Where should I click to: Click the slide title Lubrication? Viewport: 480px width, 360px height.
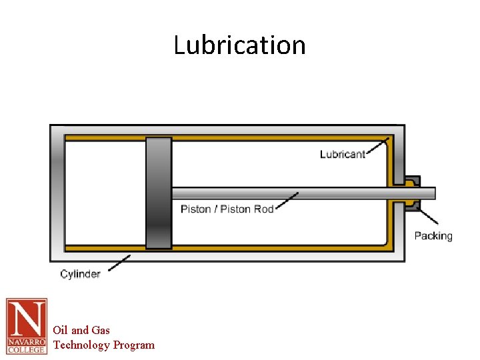239,45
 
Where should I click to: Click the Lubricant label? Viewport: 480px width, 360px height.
342,155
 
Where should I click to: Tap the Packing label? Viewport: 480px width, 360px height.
433,236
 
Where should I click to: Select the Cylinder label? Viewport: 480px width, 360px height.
80,274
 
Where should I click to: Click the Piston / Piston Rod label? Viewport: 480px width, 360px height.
227,209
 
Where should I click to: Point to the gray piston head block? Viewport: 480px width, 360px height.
159,193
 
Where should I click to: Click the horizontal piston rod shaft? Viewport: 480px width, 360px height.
280,193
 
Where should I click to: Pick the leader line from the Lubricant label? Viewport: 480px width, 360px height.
377,147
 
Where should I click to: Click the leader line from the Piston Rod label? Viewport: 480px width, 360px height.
286,201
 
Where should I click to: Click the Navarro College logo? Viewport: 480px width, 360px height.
27,326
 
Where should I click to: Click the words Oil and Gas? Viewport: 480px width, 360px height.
81,330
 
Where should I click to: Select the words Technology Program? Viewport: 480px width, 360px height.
103,345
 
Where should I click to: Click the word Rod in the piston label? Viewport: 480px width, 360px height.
263,209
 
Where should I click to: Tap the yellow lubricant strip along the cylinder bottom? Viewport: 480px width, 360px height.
267,248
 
